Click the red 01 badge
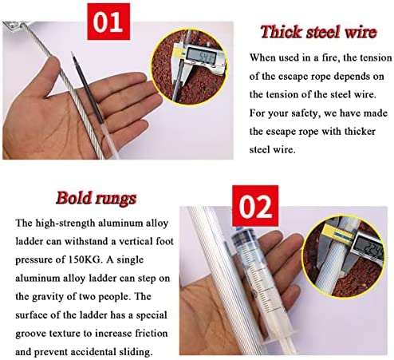[108, 22]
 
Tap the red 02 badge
[255, 206]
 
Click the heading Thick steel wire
[319, 32]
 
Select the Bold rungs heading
[96, 198]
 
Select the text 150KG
[85, 259]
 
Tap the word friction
[152, 333]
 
